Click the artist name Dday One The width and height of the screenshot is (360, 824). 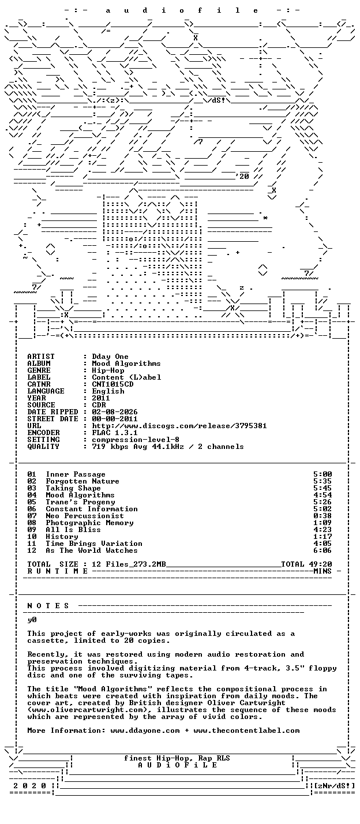point(110,357)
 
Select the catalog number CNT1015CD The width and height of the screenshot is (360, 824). point(112,384)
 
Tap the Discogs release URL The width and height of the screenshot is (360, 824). point(179,426)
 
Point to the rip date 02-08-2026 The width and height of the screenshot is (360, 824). point(115,411)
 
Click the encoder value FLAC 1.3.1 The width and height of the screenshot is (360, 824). point(115,433)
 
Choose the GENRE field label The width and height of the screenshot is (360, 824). point(39,370)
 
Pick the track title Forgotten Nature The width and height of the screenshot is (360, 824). point(82,481)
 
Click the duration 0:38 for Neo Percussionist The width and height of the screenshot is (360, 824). point(322,516)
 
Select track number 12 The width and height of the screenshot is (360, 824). point(32,550)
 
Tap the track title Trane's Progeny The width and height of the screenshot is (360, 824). point(80,502)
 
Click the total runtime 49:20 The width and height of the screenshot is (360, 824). point(322,564)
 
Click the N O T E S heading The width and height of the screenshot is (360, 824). point(48,605)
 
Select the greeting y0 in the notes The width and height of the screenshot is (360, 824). point(32,620)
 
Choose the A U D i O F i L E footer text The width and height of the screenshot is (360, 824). point(177,765)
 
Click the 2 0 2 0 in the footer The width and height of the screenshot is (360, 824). point(30,785)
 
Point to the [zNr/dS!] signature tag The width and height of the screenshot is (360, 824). point(334,785)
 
